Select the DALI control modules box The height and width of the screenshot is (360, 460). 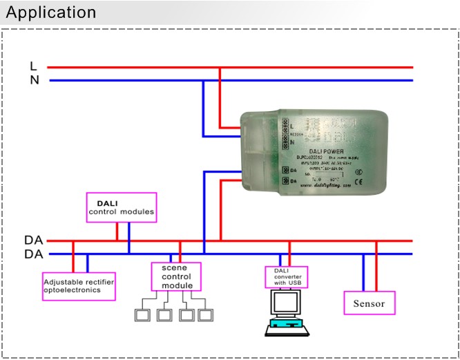120,207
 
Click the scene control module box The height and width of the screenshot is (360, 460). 176,276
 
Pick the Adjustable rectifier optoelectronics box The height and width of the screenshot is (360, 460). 78,285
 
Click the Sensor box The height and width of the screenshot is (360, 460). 370,303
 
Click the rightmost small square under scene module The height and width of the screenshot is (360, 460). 205,315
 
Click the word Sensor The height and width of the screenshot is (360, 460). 370,303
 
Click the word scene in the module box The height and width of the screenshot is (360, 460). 175,268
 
